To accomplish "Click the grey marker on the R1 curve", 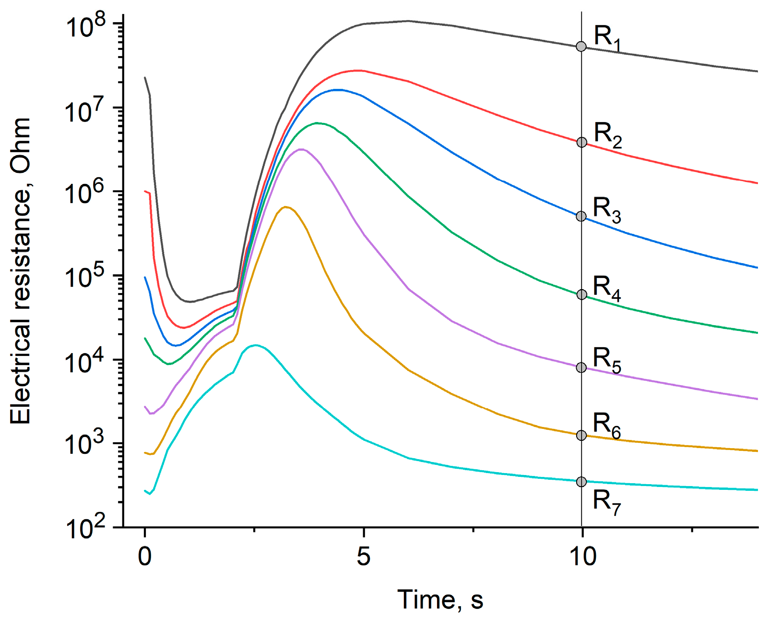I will (x=581, y=47).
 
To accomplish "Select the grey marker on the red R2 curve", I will (x=581, y=142).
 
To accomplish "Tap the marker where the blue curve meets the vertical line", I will (x=581, y=216).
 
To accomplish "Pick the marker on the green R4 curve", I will (x=581, y=294).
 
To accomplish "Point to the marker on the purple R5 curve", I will (x=581, y=367).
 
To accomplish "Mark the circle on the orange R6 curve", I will (x=581, y=435).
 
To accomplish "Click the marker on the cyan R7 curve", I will (x=581, y=481).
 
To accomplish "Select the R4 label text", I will (x=607, y=288).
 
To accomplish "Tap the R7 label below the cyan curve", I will (x=607, y=502).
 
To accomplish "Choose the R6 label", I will (x=607, y=425).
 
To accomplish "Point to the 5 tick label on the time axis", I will (x=364, y=556).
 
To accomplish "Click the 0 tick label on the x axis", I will (x=144, y=556).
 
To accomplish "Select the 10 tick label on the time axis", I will (x=582, y=556).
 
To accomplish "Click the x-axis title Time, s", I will (x=440, y=600).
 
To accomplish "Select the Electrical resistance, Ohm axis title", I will (x=21, y=271).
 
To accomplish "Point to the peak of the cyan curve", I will (x=255, y=345).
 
